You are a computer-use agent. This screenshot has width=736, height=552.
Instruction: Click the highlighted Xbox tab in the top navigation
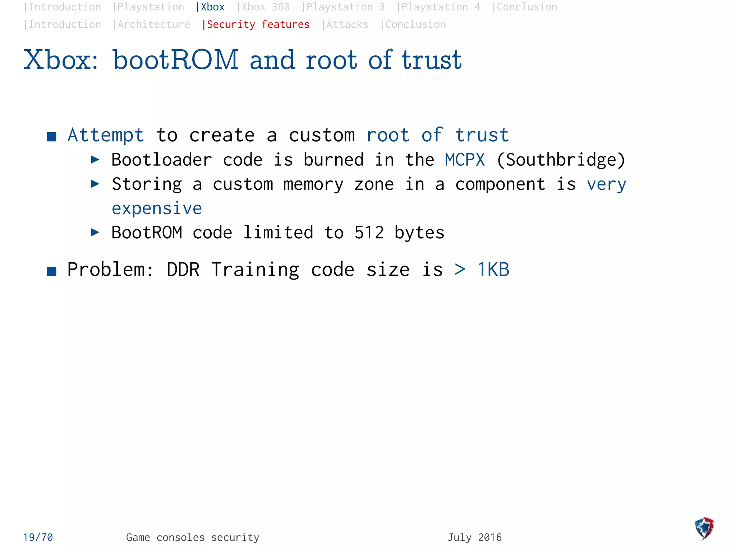211,7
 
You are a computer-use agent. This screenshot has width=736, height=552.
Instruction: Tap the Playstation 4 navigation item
439,7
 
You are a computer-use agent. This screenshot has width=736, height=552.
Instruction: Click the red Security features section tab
256,24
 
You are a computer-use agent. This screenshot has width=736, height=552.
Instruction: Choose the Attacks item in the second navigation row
345,24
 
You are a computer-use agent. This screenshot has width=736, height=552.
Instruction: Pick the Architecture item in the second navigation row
152,24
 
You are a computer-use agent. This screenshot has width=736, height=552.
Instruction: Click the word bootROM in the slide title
176,60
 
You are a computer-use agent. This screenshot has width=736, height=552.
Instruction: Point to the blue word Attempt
106,135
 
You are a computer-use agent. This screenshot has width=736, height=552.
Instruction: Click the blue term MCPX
465,160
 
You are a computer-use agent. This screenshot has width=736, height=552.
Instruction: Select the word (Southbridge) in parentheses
561,160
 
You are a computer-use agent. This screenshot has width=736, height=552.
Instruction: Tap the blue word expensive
157,208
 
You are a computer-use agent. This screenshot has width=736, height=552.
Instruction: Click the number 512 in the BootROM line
369,233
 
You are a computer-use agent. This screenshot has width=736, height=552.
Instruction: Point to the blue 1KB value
493,270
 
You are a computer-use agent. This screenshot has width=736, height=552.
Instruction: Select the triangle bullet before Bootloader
95,160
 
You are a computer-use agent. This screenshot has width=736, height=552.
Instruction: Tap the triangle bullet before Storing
95,184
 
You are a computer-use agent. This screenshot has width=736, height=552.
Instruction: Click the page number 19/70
38,537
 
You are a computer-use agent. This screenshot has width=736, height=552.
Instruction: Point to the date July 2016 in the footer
474,537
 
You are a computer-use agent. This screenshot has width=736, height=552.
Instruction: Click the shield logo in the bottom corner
704,528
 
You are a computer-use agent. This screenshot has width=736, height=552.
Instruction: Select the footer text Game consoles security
193,537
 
